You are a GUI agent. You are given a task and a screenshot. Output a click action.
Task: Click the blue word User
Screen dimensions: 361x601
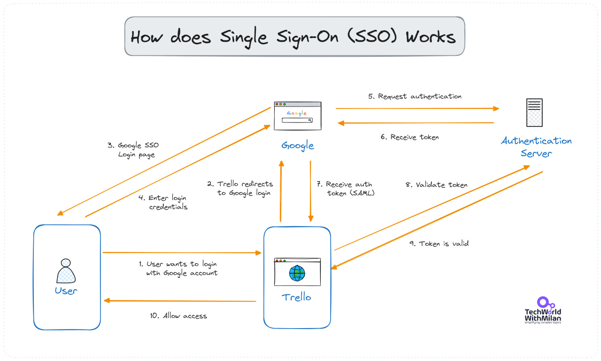click(66, 291)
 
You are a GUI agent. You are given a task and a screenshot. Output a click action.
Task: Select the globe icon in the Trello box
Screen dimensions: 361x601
click(297, 273)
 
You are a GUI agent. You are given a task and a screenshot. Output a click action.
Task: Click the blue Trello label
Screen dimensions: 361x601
click(296, 297)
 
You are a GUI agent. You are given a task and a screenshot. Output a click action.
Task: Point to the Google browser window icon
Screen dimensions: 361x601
click(298, 116)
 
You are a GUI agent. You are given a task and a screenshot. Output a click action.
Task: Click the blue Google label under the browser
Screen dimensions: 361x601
click(298, 146)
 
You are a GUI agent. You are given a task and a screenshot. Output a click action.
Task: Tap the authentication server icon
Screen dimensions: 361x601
click(534, 113)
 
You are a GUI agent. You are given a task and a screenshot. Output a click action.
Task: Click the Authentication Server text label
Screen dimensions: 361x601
click(536, 147)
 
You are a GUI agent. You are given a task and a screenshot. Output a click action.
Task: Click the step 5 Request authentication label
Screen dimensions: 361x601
click(415, 97)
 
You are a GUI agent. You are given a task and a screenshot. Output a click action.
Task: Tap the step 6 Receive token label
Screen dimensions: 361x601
click(409, 138)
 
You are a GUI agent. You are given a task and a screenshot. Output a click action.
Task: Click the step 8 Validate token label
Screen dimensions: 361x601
click(436, 185)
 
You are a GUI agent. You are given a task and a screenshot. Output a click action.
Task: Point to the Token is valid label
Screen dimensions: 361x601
click(439, 244)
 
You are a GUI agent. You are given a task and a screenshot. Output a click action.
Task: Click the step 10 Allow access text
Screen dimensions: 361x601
click(178, 316)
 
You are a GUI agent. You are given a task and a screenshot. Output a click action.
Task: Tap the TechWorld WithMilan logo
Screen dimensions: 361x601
click(543, 310)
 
